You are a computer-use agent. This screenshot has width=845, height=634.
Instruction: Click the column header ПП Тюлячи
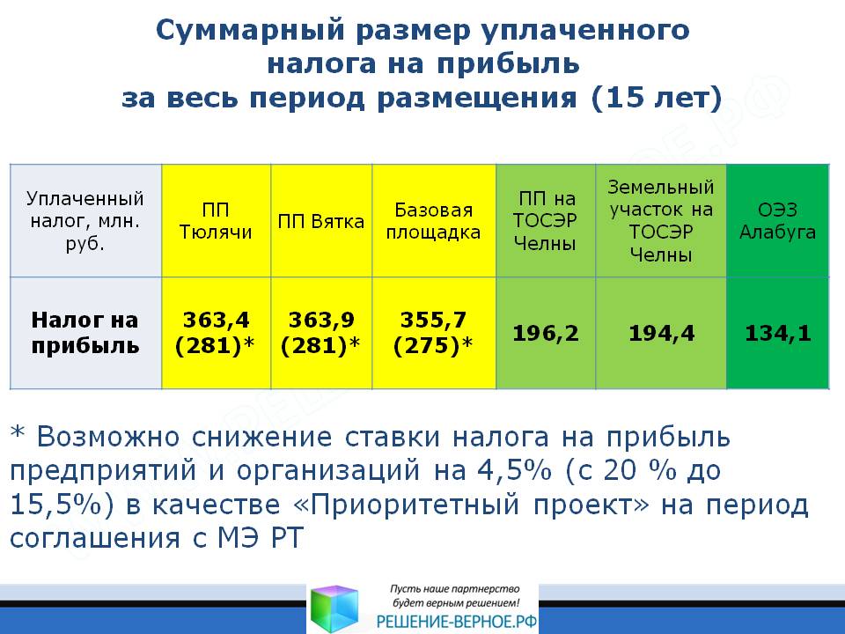(216, 221)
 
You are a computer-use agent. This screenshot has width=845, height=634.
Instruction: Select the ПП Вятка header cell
(321, 222)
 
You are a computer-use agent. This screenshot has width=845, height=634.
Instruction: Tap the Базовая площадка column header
(433, 221)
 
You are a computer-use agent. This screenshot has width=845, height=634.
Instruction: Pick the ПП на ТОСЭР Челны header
(546, 221)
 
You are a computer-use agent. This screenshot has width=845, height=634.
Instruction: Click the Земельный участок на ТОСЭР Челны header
(661, 221)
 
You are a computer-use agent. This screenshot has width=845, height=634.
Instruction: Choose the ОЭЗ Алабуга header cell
(777, 221)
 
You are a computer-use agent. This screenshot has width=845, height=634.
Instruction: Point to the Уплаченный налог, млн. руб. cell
(85, 221)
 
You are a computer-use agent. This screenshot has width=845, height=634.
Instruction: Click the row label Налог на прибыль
(85, 333)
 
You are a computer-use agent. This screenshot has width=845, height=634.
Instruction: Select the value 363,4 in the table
(217, 321)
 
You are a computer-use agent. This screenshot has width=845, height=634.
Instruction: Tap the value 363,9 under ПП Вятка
(322, 321)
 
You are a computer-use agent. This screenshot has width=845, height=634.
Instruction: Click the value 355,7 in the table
(433, 321)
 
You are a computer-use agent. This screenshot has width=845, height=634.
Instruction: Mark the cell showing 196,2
(546, 333)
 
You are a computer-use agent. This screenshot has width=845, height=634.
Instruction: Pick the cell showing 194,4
(662, 333)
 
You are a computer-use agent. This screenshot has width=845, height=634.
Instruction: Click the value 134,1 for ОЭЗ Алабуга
(778, 333)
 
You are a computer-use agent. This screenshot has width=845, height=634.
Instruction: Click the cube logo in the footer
(334, 608)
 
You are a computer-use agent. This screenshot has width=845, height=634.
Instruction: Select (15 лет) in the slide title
(657, 98)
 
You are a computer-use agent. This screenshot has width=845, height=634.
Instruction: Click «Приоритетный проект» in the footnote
(471, 505)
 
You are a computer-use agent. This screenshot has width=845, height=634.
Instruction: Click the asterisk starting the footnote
(18, 432)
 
